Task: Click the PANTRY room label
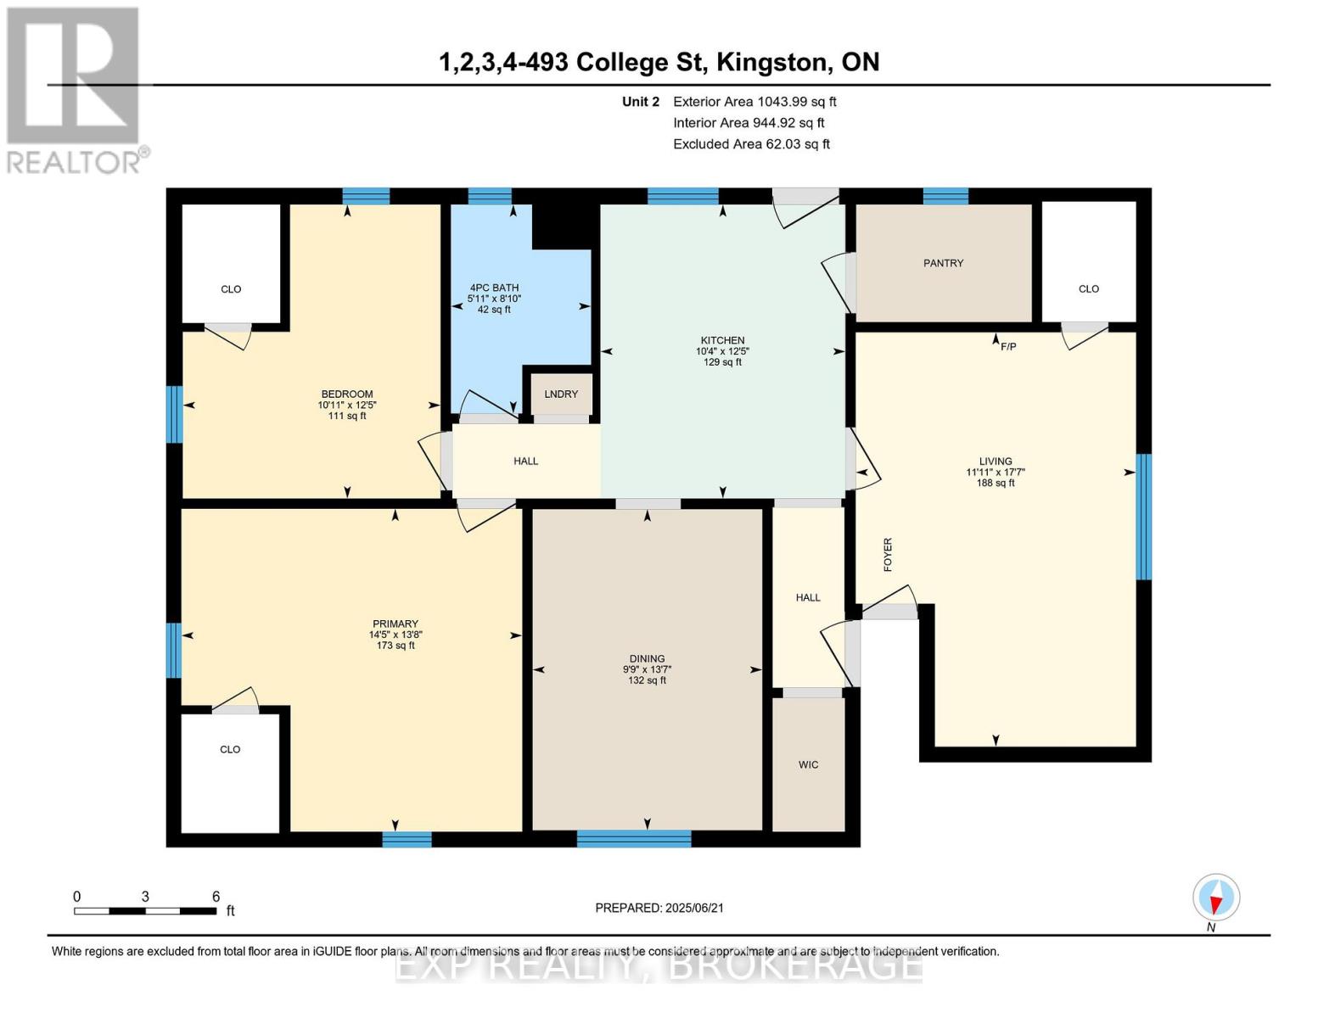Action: coord(943,263)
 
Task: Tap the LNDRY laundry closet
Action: coord(561,394)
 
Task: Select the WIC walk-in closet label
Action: coord(808,764)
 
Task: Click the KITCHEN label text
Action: coord(722,340)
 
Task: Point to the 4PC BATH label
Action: coord(494,288)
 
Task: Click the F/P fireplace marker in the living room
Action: coord(1007,346)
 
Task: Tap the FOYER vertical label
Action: coord(888,554)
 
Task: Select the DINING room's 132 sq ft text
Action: coord(647,680)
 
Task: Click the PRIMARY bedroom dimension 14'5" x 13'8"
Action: coord(395,635)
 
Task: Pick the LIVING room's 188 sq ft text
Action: coord(995,483)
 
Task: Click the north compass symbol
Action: coord(1216,898)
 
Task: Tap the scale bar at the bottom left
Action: coord(145,910)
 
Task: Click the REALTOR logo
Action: coord(75,89)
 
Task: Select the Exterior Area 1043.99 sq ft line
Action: coord(754,102)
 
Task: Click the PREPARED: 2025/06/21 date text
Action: coord(659,908)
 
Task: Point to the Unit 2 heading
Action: coord(640,102)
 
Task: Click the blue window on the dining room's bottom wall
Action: coord(634,838)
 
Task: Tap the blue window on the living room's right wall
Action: coord(1143,517)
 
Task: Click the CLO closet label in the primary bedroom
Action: coord(230,749)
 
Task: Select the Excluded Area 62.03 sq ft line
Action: coord(751,144)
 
